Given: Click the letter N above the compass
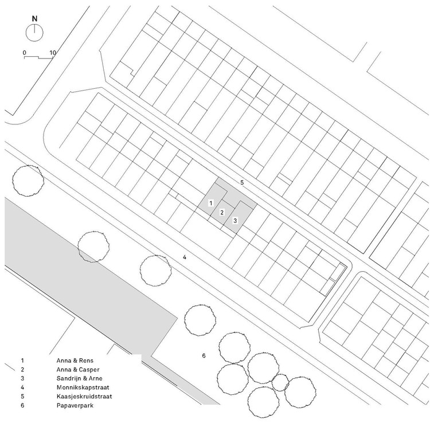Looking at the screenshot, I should (x=34, y=18).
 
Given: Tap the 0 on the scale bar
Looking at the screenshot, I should (x=25, y=53).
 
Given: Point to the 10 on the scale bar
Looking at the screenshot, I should (x=53, y=53).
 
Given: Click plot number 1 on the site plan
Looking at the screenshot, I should (x=211, y=203).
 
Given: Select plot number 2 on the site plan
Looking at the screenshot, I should (x=222, y=213).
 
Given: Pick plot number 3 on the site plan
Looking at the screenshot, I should (x=234, y=221).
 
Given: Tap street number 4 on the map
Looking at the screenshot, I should (x=185, y=257).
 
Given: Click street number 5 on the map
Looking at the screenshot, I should (x=242, y=182).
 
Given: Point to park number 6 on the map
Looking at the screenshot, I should (x=204, y=357).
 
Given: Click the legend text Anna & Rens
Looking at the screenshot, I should (x=75, y=361).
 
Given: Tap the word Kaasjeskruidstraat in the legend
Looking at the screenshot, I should (x=85, y=397).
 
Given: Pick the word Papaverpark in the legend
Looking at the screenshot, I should (x=76, y=406).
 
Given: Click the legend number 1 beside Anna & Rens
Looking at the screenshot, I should (x=22, y=361).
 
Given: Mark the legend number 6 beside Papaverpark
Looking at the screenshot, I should (x=22, y=406).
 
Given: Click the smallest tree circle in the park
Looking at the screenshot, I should (x=280, y=383).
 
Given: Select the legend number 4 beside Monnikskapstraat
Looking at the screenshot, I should (x=22, y=387).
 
